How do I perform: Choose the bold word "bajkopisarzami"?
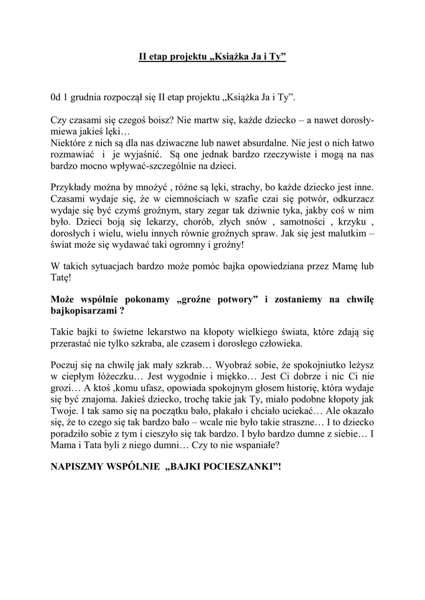[x=83, y=311]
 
